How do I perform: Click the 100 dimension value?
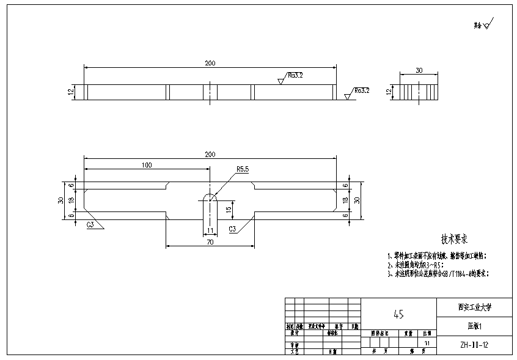coord(146,165)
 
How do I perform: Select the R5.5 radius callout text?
coord(242,169)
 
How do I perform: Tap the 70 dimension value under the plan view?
coord(210,243)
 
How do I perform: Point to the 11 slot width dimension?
coord(210,230)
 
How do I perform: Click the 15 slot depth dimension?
coord(228,209)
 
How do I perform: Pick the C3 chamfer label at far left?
coord(90,225)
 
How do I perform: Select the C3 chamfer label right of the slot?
coord(232,229)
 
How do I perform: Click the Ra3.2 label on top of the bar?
coord(295,75)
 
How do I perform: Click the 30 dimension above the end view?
coord(419,70)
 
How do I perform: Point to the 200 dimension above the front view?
coord(210,63)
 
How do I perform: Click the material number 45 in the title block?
coord(398,314)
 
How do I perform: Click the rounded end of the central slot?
coord(210,197)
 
